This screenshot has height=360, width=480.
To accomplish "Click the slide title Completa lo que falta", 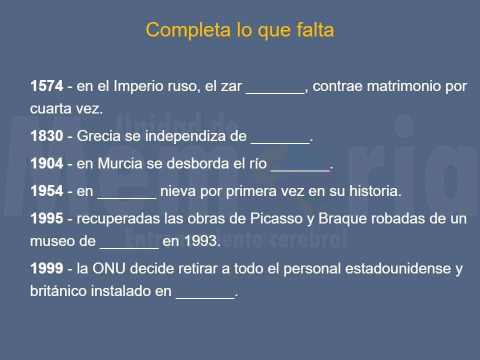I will [239, 30].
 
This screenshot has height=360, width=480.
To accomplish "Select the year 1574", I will [47, 86].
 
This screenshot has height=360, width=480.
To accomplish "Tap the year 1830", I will [47, 136].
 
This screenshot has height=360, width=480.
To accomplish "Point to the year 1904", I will [47, 163].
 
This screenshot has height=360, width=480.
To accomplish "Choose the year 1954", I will [47, 191].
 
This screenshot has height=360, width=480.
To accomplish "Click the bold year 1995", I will [47, 219].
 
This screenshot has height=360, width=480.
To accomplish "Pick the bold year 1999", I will [47, 269].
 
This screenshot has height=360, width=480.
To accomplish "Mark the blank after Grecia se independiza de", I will [280, 140].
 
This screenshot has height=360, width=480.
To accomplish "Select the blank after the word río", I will [300, 167].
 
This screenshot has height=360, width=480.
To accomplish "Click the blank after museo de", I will [129, 245].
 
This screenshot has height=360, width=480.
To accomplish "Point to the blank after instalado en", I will [205, 295].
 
